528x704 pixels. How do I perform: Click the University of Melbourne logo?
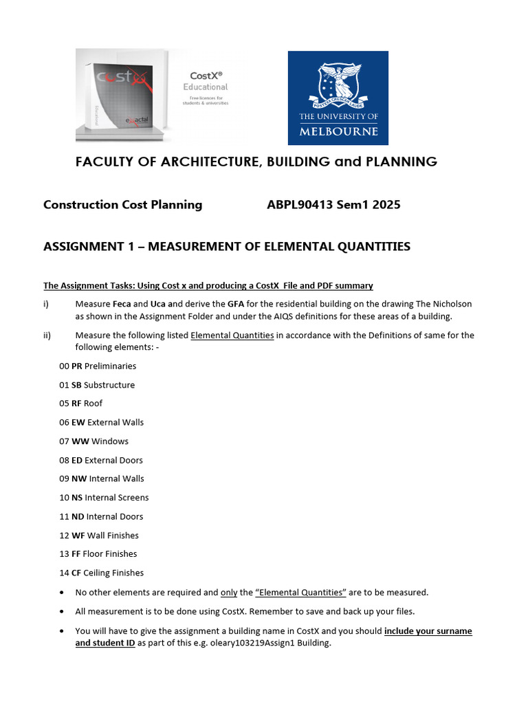tap(338, 98)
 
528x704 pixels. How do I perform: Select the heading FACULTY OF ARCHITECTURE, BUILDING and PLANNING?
tap(256, 162)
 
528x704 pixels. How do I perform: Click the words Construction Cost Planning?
tap(122, 204)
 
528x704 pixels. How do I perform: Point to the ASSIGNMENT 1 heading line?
tap(227, 246)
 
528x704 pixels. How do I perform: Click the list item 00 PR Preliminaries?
tap(98, 366)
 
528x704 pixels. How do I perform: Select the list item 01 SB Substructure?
tap(97, 385)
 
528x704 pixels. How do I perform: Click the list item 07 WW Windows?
tap(93, 441)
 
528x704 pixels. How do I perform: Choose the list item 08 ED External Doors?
tap(101, 460)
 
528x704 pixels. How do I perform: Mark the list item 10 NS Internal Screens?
tap(104, 498)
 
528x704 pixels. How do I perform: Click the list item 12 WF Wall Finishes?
tap(99, 535)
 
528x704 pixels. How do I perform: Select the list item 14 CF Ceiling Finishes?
tap(101, 573)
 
